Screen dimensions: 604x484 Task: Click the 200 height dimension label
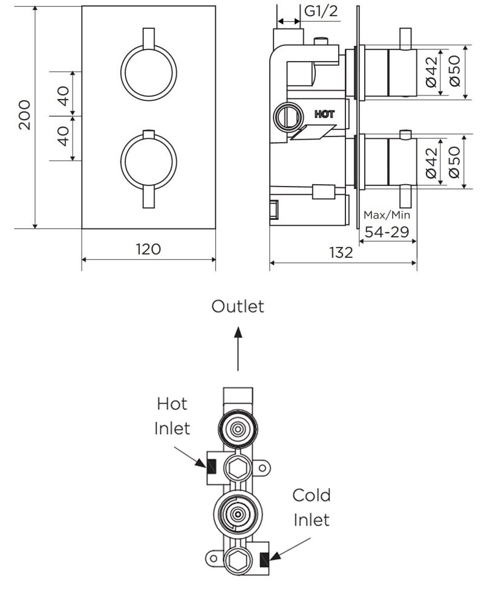pos(25,115)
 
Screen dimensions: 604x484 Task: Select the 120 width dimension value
pos(148,249)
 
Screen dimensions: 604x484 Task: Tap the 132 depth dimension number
pos(342,252)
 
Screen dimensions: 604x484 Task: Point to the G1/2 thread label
pos(320,11)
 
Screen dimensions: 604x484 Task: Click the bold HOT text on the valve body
pos(324,113)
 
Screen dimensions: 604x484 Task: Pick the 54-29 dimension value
pos(387,231)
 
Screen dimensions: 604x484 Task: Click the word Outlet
pos(238,306)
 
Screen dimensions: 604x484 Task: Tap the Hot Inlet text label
pos(172,416)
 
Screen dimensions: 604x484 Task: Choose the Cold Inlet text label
pos(312,507)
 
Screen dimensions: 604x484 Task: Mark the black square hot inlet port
pos(212,466)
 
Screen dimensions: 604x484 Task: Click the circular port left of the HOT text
pos(287,115)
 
